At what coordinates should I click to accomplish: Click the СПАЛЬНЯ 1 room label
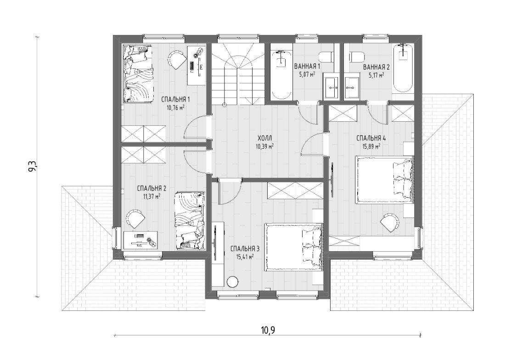[176, 99]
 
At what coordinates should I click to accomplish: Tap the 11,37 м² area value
[152, 196]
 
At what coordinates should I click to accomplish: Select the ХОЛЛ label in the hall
[264, 139]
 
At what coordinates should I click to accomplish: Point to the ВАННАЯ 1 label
[307, 67]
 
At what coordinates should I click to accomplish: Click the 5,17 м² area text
[376, 74]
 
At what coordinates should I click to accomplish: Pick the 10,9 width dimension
[268, 330]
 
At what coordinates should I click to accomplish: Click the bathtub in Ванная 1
[281, 74]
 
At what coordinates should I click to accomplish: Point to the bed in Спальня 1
[138, 74]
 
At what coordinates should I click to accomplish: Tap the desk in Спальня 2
[141, 240]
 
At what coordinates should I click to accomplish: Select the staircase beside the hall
[237, 75]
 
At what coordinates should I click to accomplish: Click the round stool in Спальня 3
[233, 281]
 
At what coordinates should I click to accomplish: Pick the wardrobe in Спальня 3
[295, 190]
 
